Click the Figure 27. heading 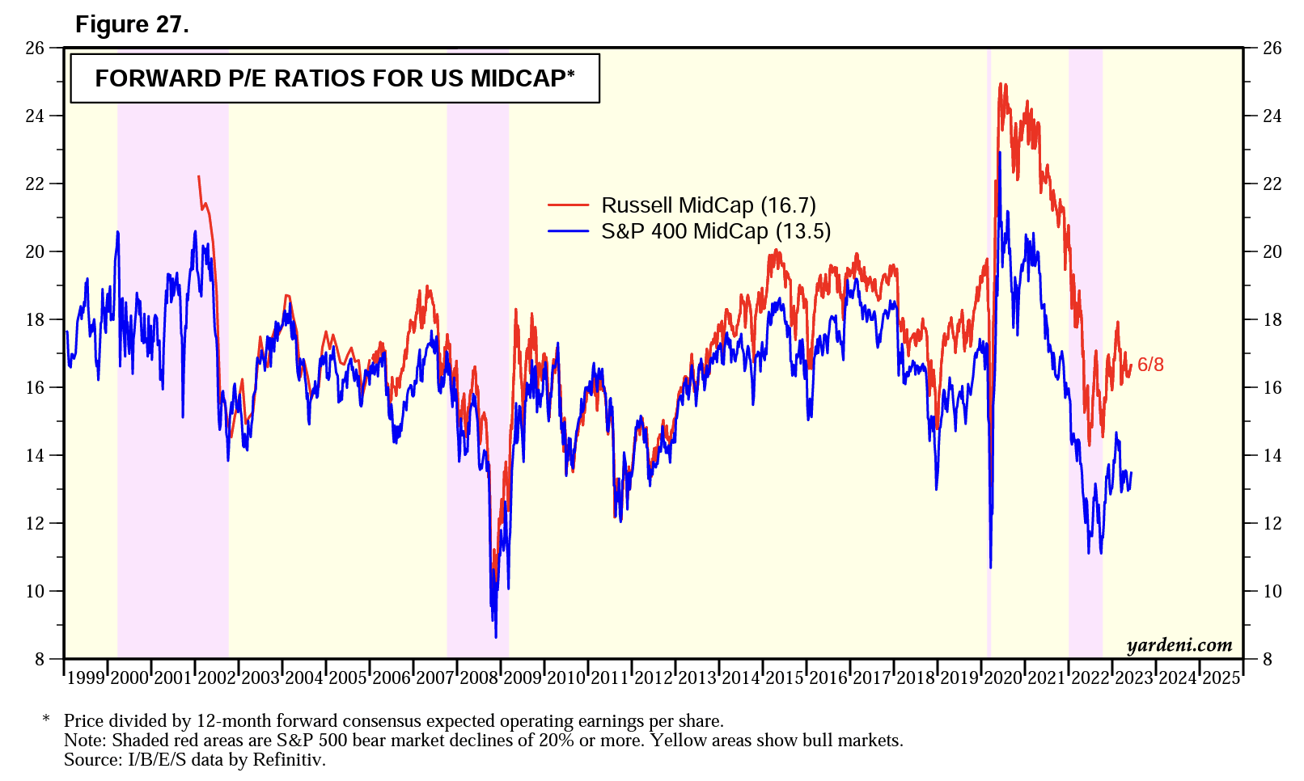tap(132, 24)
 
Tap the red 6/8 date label tap(1150, 365)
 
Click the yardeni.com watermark tap(1179, 644)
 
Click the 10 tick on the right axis tap(1272, 591)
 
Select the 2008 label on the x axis tap(478, 678)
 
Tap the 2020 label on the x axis tap(1002, 678)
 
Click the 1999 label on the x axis tap(86, 678)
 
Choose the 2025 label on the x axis tap(1221, 678)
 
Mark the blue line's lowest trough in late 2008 tap(495, 637)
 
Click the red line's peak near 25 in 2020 tap(1001, 83)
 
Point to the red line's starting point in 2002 tap(198, 176)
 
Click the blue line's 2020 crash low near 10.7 tap(990, 568)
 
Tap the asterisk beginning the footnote tap(46, 720)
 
